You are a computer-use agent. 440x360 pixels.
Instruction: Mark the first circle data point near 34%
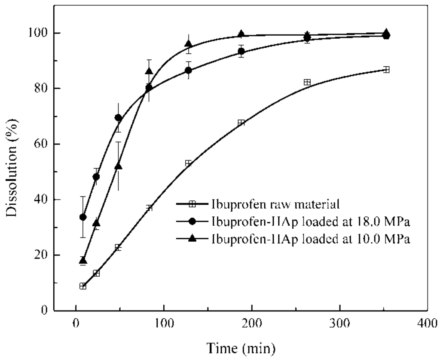point(83,217)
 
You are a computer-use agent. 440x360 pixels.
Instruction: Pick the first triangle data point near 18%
point(83,260)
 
